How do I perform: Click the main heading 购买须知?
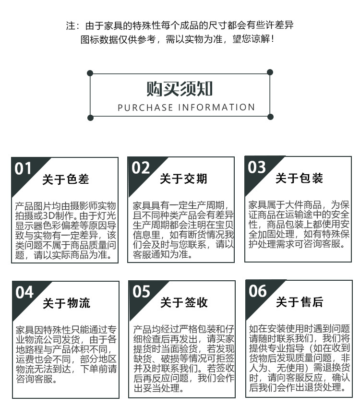click(x=180, y=89)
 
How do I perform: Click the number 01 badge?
click(x=24, y=169)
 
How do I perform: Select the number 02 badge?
click(x=141, y=168)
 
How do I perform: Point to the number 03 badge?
click(x=257, y=167)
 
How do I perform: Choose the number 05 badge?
click(x=142, y=291)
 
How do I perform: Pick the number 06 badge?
click(x=258, y=290)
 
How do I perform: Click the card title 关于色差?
click(x=66, y=179)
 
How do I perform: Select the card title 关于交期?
click(x=183, y=179)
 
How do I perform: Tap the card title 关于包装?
click(x=299, y=179)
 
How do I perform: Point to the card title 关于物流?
click(x=66, y=303)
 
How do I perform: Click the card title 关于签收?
click(x=184, y=302)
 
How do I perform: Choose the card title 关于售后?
click(x=300, y=302)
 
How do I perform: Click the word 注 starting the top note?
click(x=70, y=25)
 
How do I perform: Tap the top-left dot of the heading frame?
click(x=90, y=73)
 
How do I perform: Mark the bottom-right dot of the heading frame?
click(x=270, y=117)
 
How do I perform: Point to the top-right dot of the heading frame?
click(x=270, y=73)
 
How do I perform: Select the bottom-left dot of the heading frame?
click(x=90, y=117)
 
